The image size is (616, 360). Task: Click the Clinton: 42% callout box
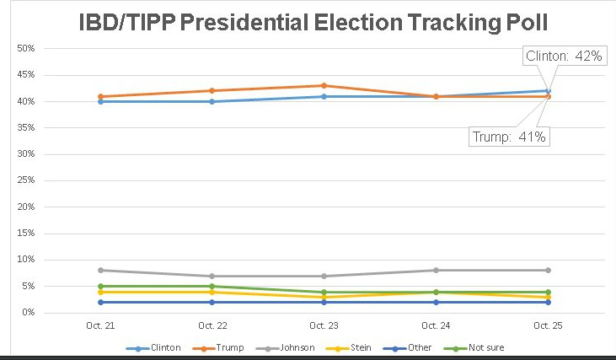coord(563,56)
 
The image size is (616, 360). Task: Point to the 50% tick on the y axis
coord(26,49)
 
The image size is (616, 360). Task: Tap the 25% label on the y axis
coord(26,180)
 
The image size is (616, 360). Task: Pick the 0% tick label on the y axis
coord(29,313)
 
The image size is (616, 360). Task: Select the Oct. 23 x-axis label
coord(324,325)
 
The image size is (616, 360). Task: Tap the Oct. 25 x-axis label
coord(548,325)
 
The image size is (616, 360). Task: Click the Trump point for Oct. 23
coord(324,85)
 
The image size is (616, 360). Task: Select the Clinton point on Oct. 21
coord(100,101)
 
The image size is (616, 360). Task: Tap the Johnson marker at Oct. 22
coord(212,276)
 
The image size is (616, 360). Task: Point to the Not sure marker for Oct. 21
coord(100,286)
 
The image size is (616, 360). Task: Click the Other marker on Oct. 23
coord(324,302)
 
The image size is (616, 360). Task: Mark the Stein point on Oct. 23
coord(324,297)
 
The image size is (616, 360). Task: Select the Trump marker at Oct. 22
coord(212,90)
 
